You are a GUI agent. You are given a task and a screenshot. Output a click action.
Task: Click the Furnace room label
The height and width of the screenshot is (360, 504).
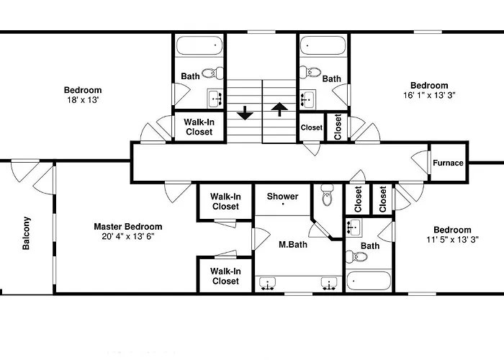click(448, 163)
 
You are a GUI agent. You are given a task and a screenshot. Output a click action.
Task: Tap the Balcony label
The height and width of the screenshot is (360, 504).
click(27, 233)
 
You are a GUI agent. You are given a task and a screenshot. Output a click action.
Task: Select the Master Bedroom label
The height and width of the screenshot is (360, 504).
click(128, 227)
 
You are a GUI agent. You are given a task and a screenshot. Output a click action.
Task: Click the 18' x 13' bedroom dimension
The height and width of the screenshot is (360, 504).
click(83, 100)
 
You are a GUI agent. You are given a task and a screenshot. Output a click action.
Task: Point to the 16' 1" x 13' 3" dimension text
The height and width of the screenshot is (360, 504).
click(429, 95)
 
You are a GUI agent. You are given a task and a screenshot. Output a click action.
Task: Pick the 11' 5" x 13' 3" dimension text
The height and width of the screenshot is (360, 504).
click(453, 240)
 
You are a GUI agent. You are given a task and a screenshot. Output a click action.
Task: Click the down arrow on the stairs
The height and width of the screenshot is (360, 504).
click(246, 113)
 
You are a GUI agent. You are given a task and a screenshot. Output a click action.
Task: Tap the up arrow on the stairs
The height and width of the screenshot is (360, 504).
click(279, 109)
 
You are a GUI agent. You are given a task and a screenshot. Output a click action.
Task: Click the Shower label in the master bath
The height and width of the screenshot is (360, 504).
click(282, 196)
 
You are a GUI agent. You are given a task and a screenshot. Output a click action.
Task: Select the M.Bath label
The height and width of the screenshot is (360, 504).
click(293, 245)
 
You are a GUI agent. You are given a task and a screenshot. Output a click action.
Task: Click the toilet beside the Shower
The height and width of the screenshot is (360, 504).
click(328, 195)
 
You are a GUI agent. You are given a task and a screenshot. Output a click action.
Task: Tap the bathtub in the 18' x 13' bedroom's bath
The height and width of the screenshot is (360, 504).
click(199, 45)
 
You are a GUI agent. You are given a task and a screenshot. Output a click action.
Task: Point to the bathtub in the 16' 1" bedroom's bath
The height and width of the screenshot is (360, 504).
click(323, 45)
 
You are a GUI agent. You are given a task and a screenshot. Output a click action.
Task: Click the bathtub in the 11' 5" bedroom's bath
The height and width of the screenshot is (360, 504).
click(369, 281)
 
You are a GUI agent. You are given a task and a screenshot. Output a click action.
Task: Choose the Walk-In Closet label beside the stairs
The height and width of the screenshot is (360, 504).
click(199, 127)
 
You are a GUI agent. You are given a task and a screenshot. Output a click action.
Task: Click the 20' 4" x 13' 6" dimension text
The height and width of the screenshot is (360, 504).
click(128, 237)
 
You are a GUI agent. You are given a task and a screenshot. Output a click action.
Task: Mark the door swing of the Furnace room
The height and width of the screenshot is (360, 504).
click(420, 162)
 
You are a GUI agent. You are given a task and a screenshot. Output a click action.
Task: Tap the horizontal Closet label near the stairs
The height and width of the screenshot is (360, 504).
click(312, 127)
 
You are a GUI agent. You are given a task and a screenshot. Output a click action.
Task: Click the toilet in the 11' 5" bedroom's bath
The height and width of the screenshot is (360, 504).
click(356, 257)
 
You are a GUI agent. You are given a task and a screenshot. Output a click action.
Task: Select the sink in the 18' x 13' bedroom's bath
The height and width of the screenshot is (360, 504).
click(214, 99)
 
